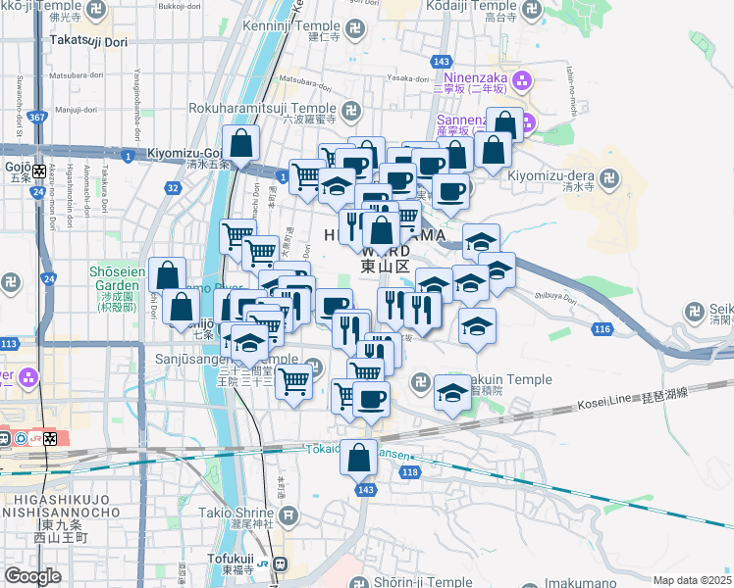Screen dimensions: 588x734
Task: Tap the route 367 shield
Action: click(x=36, y=118)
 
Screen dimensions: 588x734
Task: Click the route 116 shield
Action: click(x=603, y=328)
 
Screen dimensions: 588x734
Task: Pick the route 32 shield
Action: click(x=173, y=187)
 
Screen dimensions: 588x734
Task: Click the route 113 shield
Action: click(x=9, y=344)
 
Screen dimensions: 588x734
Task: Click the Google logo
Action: click(x=32, y=576)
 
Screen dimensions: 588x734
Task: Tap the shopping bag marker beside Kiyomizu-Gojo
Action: click(x=240, y=145)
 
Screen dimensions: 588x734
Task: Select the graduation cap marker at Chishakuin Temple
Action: click(x=451, y=393)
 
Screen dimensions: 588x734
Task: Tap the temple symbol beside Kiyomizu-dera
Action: click(x=610, y=178)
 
